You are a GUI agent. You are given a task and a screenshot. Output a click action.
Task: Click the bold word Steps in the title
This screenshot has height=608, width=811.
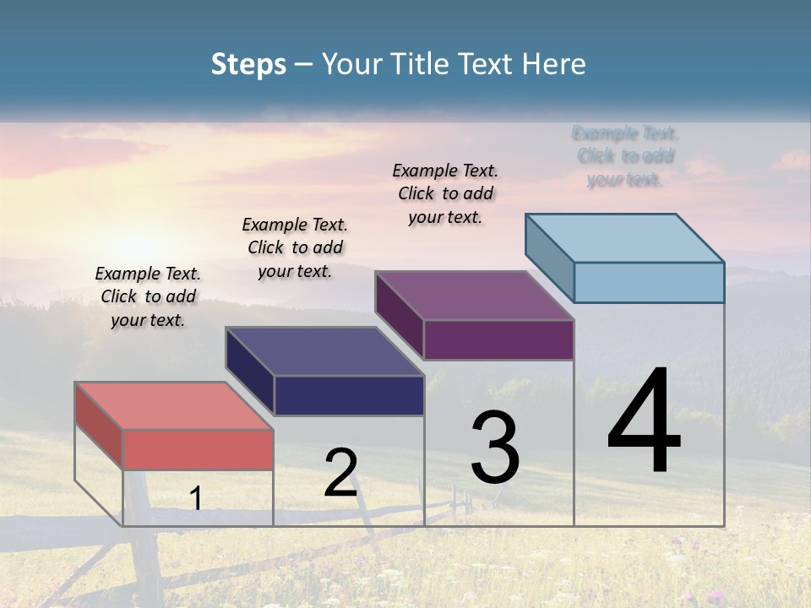point(248,64)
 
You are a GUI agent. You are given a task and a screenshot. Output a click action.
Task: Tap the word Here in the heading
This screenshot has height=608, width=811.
point(554,64)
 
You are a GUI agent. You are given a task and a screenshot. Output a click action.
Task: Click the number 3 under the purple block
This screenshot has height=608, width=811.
point(495,448)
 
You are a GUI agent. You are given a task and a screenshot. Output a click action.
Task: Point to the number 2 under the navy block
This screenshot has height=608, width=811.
point(340,473)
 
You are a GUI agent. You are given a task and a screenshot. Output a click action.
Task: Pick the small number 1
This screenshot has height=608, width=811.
point(196,498)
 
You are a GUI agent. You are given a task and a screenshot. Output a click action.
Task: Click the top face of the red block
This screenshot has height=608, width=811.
point(174,405)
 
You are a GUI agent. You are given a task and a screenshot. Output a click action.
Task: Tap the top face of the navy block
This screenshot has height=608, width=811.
point(324,351)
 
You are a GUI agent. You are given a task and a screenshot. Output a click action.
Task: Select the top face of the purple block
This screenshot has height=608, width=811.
point(474,296)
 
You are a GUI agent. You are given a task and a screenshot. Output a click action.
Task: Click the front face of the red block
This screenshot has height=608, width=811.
point(198,449)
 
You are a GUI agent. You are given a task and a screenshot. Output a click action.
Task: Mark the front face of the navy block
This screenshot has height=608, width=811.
point(349,395)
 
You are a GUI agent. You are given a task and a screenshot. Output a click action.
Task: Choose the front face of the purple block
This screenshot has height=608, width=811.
point(498,339)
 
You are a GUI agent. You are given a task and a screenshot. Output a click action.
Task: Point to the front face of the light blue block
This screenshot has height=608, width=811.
point(649,282)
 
